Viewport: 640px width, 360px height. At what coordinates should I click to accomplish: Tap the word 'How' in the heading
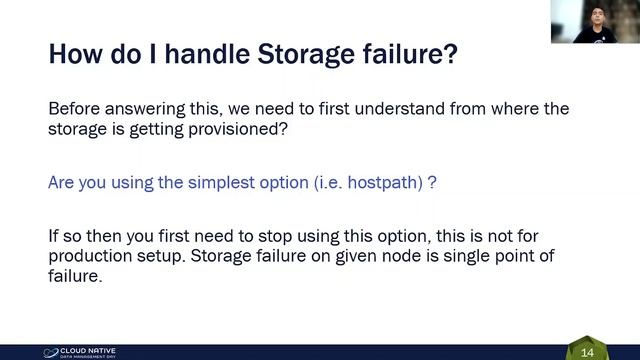click(74, 54)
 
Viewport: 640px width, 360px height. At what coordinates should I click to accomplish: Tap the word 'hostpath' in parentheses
click(385, 184)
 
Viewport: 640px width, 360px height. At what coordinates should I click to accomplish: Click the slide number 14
click(587, 352)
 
